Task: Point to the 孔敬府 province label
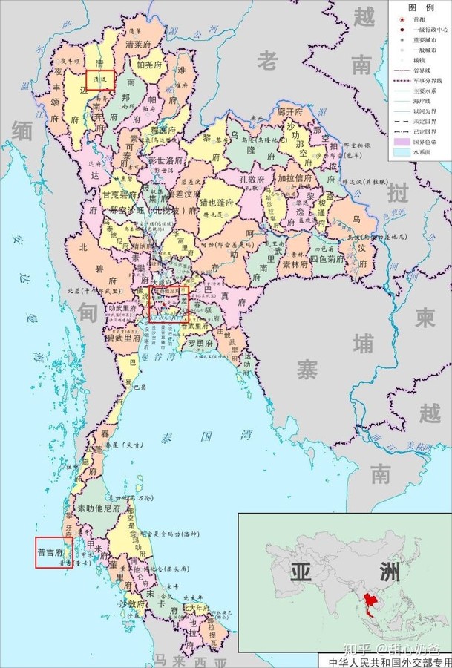click(x=257, y=179)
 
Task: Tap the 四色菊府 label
click(x=327, y=261)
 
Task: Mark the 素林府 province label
click(x=289, y=263)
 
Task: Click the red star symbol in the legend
click(x=402, y=19)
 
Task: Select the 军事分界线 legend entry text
click(x=430, y=76)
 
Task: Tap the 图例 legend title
click(x=421, y=7)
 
